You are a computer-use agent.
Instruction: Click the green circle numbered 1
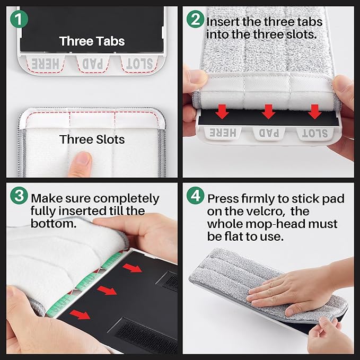(x=19, y=19)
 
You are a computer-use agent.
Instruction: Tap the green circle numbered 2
(x=195, y=19)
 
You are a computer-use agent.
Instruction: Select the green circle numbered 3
(x=19, y=195)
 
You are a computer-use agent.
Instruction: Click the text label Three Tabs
(x=92, y=41)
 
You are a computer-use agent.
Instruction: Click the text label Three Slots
(x=92, y=139)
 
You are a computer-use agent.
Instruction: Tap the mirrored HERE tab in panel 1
(x=46, y=64)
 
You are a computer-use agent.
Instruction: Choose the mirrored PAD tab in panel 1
(x=93, y=64)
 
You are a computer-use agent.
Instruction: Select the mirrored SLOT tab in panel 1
(x=139, y=64)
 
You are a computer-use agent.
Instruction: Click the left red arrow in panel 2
(x=222, y=111)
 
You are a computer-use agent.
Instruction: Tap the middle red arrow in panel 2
(x=268, y=111)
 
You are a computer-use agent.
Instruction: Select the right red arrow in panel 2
(x=314, y=111)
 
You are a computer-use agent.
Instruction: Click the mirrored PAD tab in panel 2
(x=269, y=133)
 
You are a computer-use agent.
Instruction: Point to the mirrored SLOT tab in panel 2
(x=315, y=134)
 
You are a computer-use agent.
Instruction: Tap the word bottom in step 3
(x=54, y=223)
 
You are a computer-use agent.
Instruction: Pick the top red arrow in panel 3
(x=132, y=268)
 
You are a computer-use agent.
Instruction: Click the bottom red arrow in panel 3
(x=80, y=314)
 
